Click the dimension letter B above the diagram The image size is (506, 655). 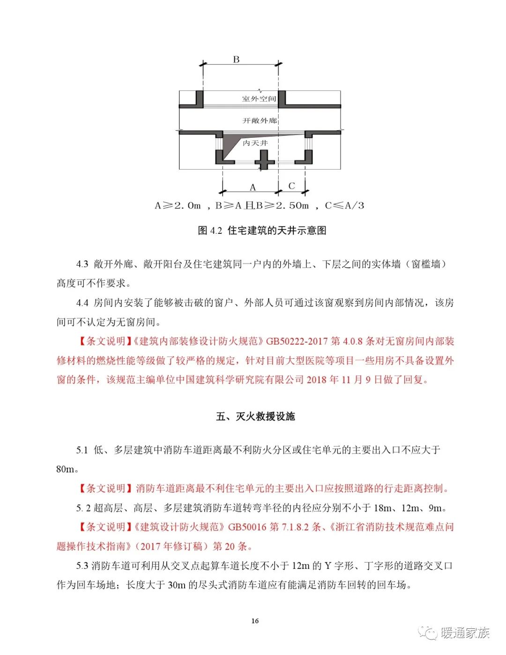click(x=236, y=60)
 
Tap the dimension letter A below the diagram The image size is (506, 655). click(x=253, y=187)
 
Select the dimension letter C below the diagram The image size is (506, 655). click(x=291, y=186)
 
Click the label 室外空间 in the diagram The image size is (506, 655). click(x=259, y=99)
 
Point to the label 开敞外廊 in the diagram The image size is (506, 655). click(x=260, y=120)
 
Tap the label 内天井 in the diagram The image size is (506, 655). click(x=255, y=143)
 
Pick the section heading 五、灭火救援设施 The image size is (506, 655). click(x=255, y=417)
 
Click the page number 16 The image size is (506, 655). click(x=255, y=621)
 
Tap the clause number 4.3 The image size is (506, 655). click(x=82, y=264)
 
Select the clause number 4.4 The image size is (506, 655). click(x=82, y=303)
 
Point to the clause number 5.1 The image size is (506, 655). click(x=82, y=450)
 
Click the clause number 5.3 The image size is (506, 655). click(x=82, y=566)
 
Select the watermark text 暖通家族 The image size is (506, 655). click(x=465, y=633)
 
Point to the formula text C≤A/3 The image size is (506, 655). click(x=344, y=205)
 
